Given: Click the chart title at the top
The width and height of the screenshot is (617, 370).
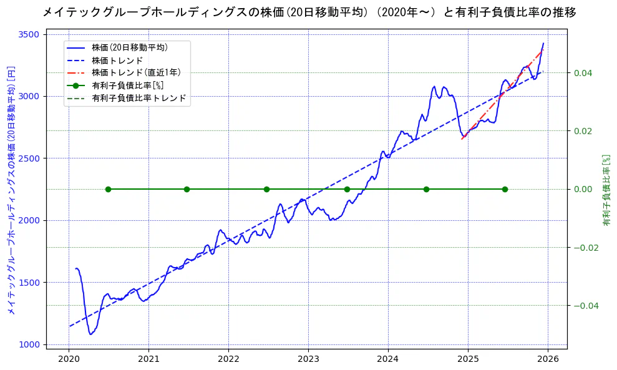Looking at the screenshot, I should coord(309,12).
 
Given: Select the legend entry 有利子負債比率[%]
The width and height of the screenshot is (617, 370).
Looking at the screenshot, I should coord(127,85).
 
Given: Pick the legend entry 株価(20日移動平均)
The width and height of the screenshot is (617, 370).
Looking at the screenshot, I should coord(129,47).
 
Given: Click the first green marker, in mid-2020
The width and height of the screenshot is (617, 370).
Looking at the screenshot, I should coord(108,189).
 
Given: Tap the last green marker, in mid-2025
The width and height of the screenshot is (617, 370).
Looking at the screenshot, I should coord(505,189).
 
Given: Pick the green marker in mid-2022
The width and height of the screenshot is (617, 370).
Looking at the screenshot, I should coord(266,189).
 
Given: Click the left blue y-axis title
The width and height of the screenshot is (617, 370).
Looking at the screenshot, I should coord(11,189).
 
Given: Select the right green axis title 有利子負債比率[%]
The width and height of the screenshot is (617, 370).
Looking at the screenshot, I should coord(606,189).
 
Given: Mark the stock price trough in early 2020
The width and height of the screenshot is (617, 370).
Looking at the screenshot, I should coord(91,334).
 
